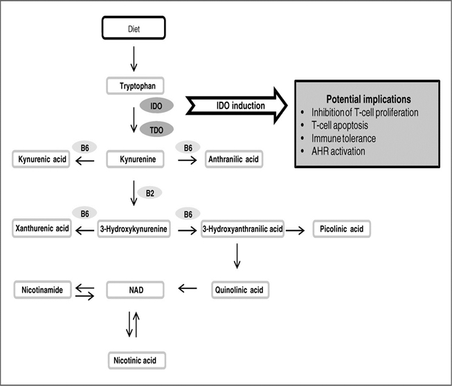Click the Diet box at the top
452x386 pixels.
(134, 28)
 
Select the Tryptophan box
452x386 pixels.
(135, 86)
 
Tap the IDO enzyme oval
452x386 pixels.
(156, 105)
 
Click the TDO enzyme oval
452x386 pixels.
(156, 129)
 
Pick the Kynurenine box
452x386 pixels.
(135, 159)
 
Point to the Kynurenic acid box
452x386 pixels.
(41, 159)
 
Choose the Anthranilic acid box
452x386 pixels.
(234, 159)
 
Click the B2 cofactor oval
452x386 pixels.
(150, 193)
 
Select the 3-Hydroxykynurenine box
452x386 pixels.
(134, 229)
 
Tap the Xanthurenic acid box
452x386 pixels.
(42, 228)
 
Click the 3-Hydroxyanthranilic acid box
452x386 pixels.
(242, 229)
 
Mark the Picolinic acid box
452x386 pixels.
(341, 229)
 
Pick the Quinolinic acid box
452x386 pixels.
(240, 290)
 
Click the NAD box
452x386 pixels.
(135, 290)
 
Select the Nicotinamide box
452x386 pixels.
(42, 289)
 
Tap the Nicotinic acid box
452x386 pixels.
(137, 360)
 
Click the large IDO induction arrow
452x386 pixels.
(236, 106)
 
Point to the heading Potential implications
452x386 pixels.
(368, 99)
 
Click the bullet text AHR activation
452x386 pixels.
(338, 151)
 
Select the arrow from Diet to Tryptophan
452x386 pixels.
(134, 59)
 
